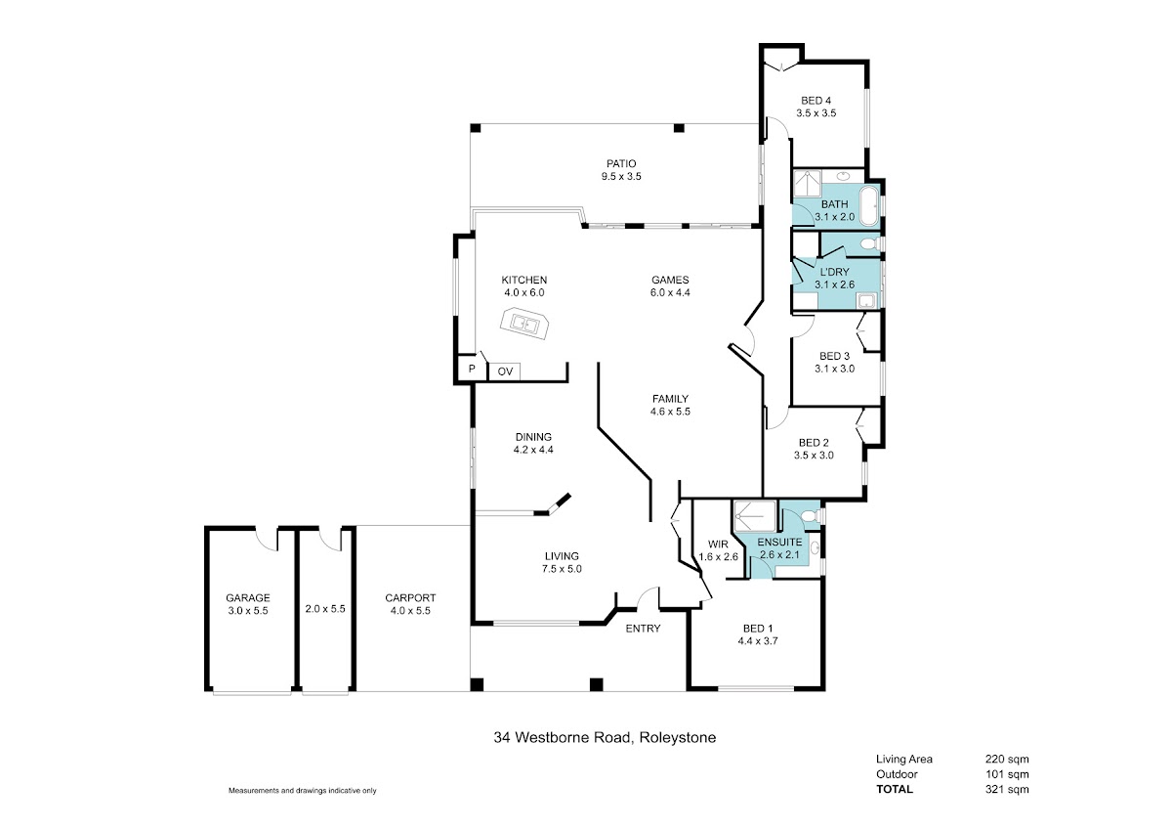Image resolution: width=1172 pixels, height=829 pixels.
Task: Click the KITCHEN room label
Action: [523, 280]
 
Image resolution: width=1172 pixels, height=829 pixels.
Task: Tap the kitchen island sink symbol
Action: [524, 323]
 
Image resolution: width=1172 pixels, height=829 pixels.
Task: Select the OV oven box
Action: [505, 371]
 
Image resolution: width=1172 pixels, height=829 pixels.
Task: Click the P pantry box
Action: [472, 370]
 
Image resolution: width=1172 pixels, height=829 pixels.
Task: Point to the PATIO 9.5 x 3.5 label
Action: [621, 164]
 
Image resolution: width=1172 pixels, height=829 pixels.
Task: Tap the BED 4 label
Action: [816, 100]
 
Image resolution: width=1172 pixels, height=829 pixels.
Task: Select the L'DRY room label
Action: [834, 272]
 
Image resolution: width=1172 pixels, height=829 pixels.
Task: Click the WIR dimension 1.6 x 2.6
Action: [718, 557]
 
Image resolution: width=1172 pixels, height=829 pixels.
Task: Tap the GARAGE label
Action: [247, 597]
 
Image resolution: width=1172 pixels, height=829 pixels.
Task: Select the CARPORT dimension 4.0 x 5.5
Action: [410, 610]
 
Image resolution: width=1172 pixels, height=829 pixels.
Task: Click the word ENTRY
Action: [643, 629]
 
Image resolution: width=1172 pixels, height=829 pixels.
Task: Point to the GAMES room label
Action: [670, 280]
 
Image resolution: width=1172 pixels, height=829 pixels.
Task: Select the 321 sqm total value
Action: [1008, 790]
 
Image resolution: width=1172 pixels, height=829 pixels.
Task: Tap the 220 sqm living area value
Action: [1008, 759]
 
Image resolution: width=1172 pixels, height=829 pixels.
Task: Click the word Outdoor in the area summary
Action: [897, 774]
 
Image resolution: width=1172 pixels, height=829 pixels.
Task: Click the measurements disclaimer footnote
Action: [302, 790]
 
